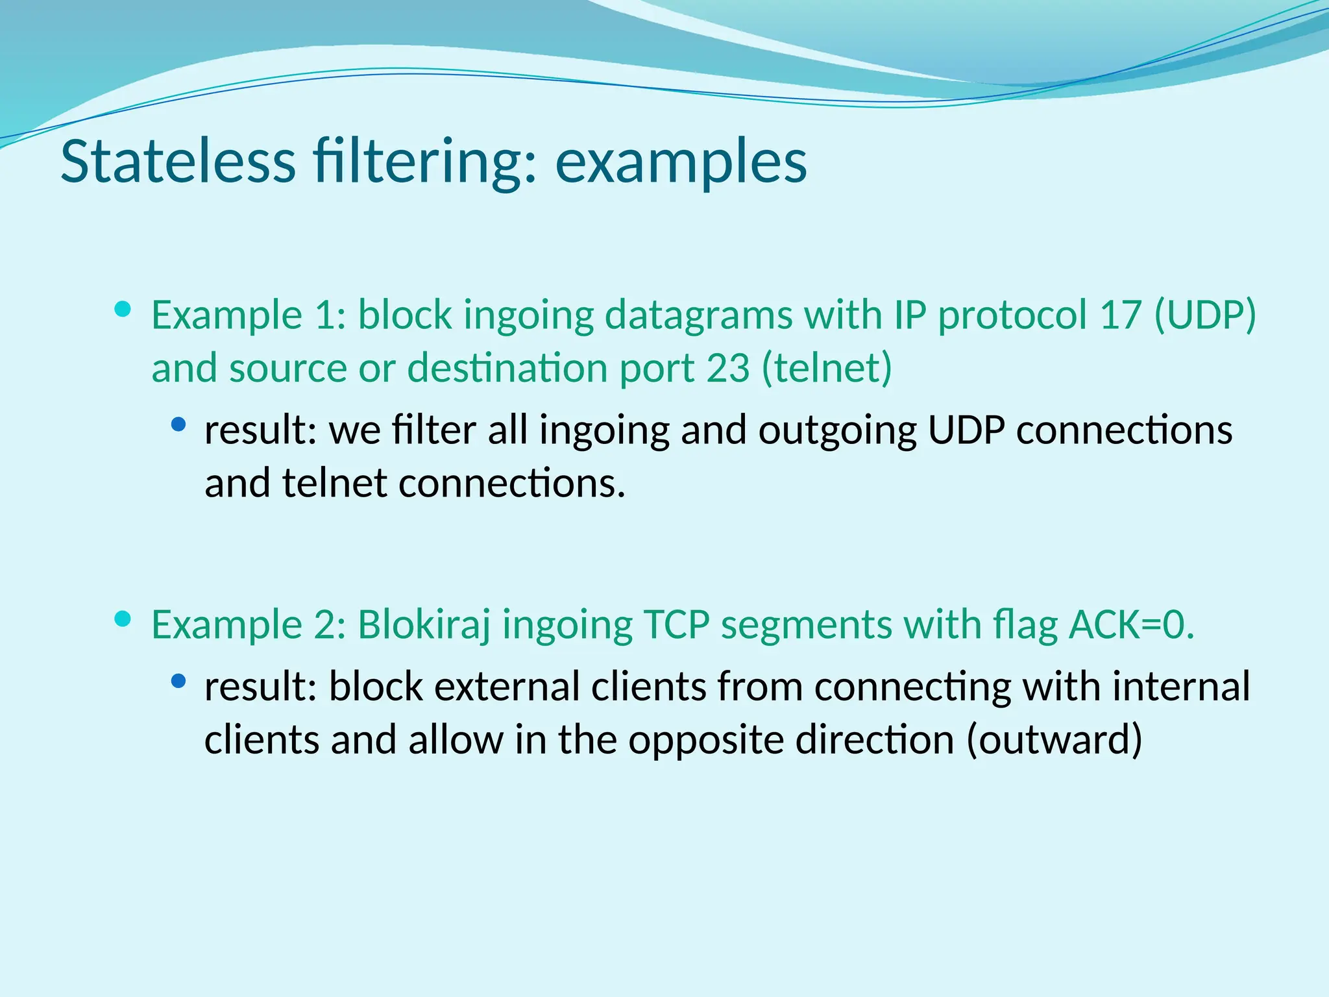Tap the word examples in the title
(x=681, y=162)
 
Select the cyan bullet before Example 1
(x=122, y=309)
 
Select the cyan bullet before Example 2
(x=122, y=619)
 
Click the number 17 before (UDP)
(x=1120, y=315)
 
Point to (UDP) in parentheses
(x=1205, y=315)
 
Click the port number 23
(x=727, y=368)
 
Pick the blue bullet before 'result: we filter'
(x=178, y=425)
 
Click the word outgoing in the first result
(x=837, y=431)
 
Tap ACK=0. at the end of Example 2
(x=1132, y=624)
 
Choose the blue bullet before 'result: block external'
(x=178, y=681)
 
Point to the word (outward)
(x=1054, y=740)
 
